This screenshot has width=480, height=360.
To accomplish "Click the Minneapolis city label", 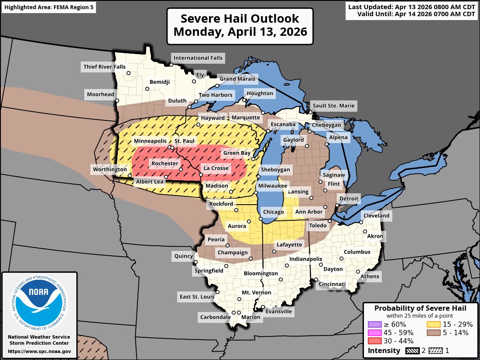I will point(150,141).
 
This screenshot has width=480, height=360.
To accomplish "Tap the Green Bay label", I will point(237,153).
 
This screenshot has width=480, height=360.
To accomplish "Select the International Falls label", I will point(198,58).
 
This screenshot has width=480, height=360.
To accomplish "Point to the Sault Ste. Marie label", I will point(333,106).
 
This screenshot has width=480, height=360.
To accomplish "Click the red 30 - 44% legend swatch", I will point(375,341).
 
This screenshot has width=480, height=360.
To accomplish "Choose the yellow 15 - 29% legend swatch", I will point(433,324).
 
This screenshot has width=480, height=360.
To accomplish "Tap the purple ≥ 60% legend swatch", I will point(375,324).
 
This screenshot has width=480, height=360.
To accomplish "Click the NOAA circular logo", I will point(39,303).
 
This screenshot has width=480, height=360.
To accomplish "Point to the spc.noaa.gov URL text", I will point(39,351).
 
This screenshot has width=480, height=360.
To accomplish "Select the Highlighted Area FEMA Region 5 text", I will point(48,7).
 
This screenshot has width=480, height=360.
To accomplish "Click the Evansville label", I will point(278,312).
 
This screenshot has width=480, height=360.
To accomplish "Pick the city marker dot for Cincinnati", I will point(316,280).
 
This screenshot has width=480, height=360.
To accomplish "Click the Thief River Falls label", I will point(103,67).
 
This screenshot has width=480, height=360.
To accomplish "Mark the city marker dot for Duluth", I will point(189,107).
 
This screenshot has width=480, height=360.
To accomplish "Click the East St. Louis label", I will point(197,297).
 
